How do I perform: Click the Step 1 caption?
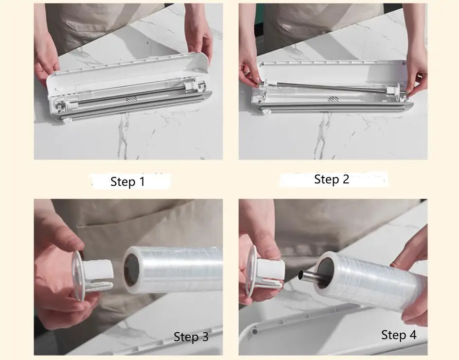(127, 182)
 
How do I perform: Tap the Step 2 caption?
(332, 179)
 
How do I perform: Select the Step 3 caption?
(191, 337)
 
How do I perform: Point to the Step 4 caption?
(399, 335)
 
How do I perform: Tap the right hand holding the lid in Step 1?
(199, 34)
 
